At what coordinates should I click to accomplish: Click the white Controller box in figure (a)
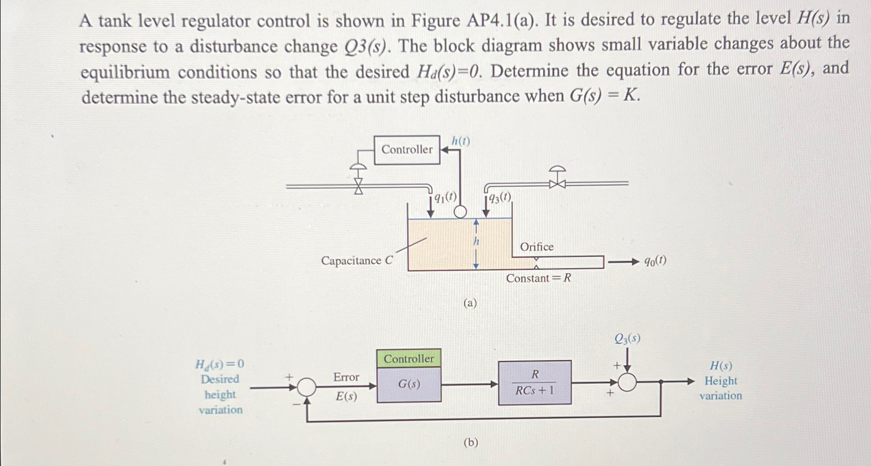click(407, 150)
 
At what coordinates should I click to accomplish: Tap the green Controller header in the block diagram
click(409, 358)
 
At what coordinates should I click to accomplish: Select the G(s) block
click(409, 384)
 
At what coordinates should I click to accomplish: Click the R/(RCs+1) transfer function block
click(535, 383)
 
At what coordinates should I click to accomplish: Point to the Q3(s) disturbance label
click(627, 338)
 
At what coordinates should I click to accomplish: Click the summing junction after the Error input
click(307, 387)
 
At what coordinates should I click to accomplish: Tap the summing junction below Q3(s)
click(627, 382)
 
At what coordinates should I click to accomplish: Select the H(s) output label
click(720, 366)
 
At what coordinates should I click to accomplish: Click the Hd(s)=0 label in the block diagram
click(220, 364)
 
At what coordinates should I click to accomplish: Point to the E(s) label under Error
click(346, 396)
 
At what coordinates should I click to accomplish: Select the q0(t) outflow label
click(655, 261)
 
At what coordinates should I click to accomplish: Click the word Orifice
click(537, 247)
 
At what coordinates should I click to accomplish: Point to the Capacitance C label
click(356, 260)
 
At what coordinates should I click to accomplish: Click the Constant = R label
click(538, 278)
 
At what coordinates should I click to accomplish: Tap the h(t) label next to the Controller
click(460, 141)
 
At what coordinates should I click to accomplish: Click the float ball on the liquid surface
click(460, 212)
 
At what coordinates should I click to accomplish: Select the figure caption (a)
click(470, 303)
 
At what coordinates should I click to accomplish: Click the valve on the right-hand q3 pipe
click(557, 180)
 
